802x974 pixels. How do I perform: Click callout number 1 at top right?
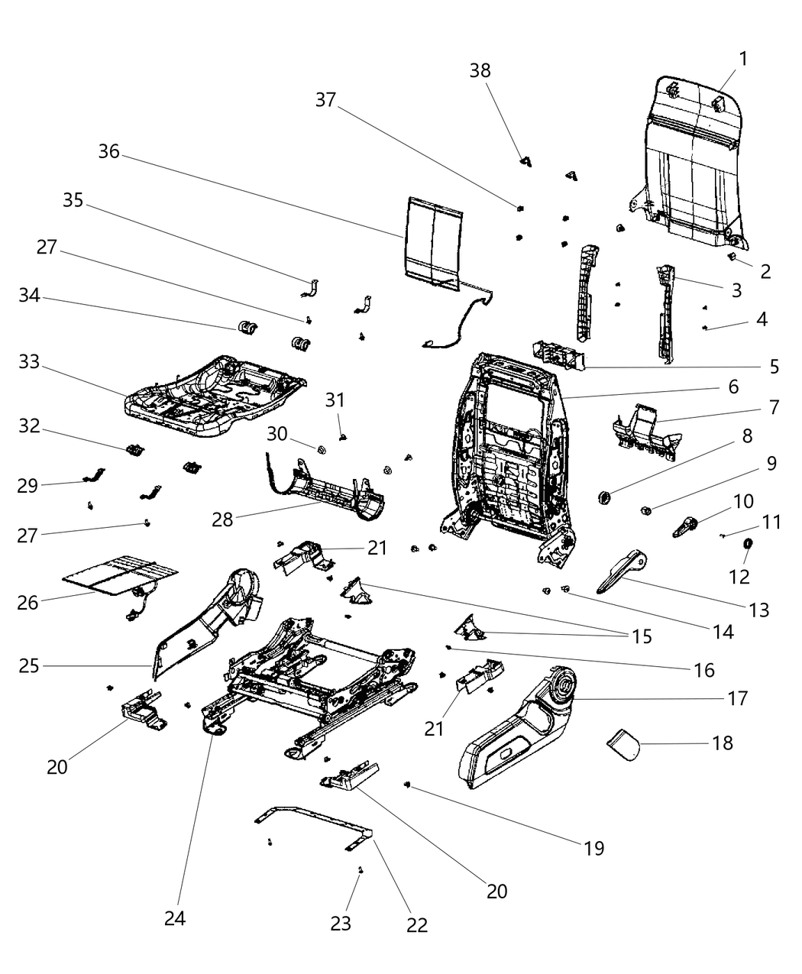743,58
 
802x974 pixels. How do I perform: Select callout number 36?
109,151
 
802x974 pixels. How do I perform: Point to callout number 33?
29,363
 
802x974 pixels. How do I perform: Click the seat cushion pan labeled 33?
214,397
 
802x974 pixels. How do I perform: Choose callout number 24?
175,918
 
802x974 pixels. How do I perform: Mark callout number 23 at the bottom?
341,923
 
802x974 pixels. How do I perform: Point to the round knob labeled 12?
749,544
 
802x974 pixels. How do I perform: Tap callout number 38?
480,70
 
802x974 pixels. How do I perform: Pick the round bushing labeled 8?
606,498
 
